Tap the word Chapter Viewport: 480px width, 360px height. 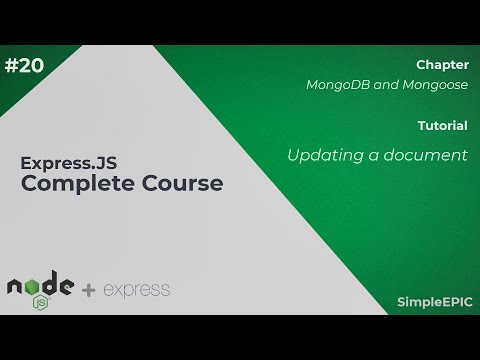(x=442, y=64)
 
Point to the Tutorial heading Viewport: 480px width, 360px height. (x=443, y=126)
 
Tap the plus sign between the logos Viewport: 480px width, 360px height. (x=89, y=291)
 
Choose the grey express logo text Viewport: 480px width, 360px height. (x=136, y=291)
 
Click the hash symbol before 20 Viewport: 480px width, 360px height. (x=12, y=66)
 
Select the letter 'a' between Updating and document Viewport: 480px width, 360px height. (x=375, y=156)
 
